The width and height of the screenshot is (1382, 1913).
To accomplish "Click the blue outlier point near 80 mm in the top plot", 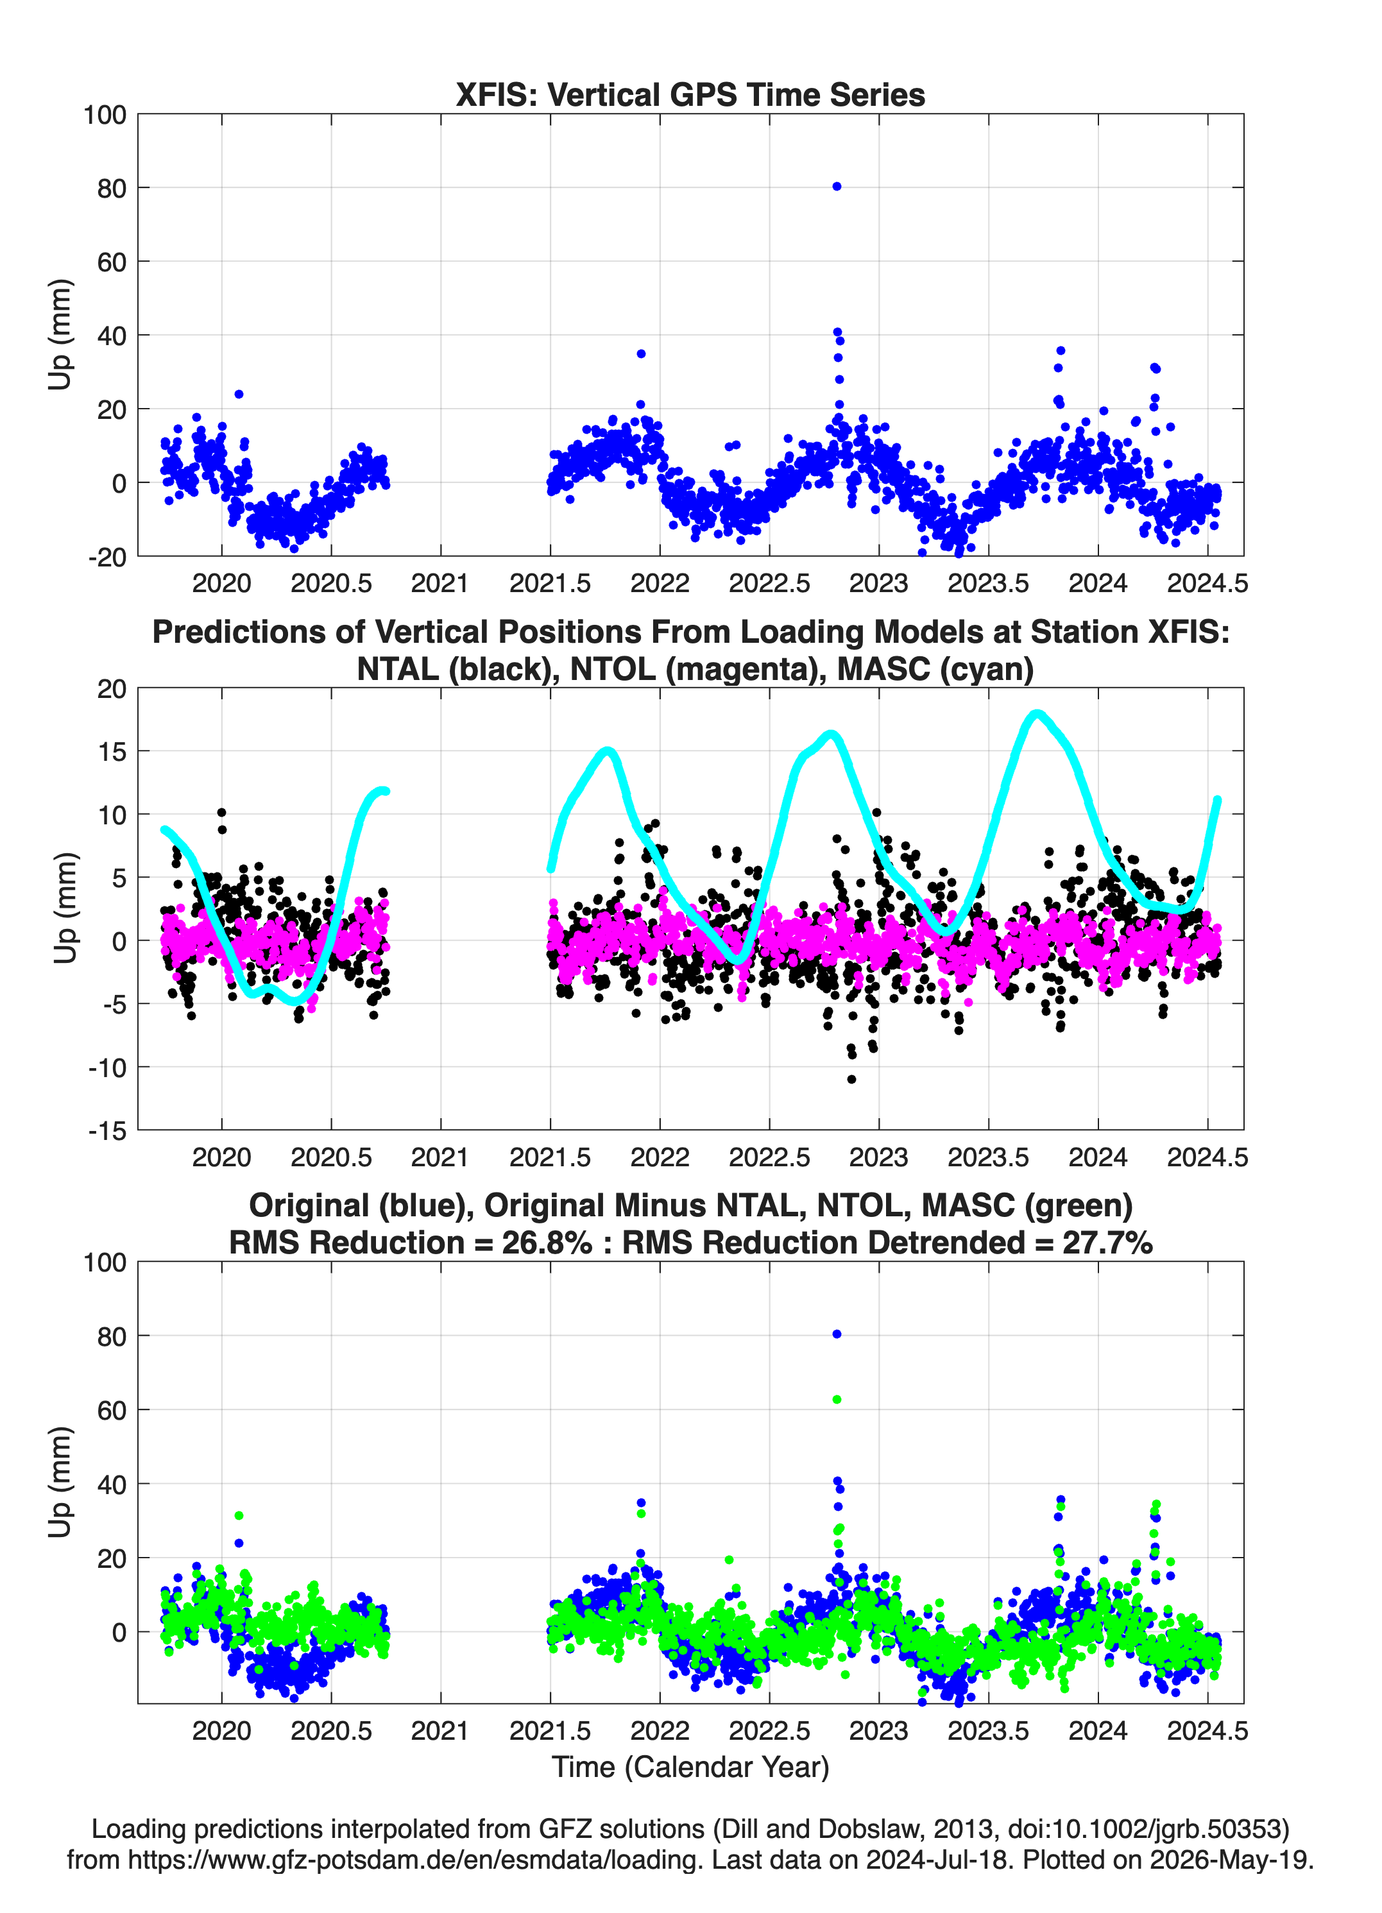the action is point(836,187).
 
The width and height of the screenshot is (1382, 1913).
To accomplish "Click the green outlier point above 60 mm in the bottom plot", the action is point(836,1399).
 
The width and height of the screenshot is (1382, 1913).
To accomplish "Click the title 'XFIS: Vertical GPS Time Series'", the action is point(690,94).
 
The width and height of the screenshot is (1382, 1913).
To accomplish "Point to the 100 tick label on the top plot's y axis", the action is point(105,115).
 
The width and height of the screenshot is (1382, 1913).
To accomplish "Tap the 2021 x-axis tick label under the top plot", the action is point(439,583).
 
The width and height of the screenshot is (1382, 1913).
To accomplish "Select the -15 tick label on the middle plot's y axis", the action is point(108,1130).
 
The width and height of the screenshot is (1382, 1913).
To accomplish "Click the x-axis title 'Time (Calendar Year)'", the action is point(690,1766).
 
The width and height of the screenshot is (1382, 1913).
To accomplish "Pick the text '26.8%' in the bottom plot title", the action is point(547,1243).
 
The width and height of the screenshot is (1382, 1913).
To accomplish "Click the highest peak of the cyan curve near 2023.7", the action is point(1037,715).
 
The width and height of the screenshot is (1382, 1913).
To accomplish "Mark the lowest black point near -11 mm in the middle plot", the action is point(851,1079).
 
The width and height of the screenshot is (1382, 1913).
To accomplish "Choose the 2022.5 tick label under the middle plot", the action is point(769,1157).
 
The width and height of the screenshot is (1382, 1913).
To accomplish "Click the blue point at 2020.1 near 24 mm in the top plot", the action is point(239,394).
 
